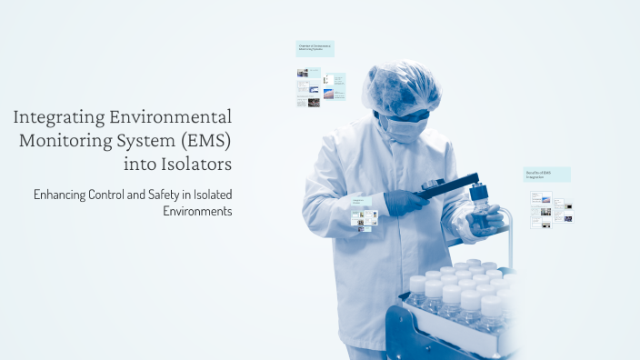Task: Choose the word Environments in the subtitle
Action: click(197, 211)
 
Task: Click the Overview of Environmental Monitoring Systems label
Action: click(315, 48)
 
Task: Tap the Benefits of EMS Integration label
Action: click(546, 174)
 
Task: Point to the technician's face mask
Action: click(402, 127)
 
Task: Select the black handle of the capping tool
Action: click(447, 184)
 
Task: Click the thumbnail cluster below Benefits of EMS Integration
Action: click(551, 208)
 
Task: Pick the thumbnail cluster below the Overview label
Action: click(319, 88)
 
